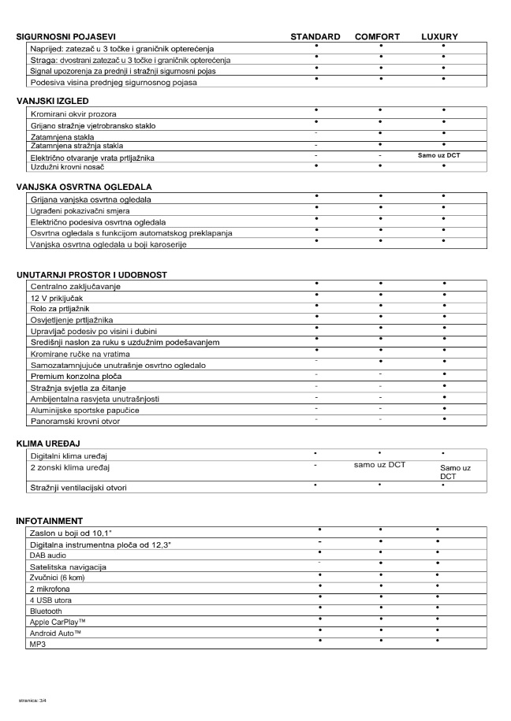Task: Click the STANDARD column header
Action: [315, 37]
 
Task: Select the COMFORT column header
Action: [377, 37]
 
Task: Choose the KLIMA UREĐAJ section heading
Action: [48, 444]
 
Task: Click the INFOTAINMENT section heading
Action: [49, 521]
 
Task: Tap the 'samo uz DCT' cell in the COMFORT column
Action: [379, 465]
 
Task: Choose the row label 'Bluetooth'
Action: [47, 611]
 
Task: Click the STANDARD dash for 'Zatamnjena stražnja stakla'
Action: [315, 146]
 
